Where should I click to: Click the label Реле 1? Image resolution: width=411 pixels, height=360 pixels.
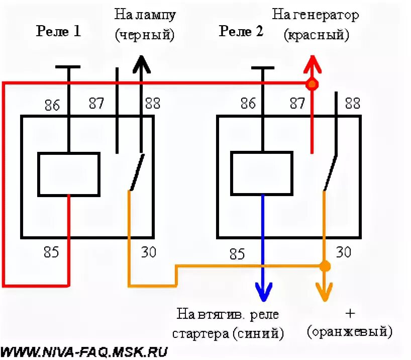tap(58, 32)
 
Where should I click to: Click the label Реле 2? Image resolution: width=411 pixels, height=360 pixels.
tap(241, 32)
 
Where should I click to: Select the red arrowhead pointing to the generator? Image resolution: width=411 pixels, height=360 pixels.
tap(312, 63)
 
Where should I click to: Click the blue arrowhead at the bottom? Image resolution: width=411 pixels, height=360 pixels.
tap(263, 291)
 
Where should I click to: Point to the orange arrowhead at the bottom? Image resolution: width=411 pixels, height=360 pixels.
tap(325, 291)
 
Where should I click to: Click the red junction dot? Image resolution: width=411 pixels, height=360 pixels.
tap(313, 83)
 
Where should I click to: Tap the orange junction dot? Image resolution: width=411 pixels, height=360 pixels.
tap(325, 265)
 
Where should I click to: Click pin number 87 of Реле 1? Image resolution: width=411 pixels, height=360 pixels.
tap(96, 104)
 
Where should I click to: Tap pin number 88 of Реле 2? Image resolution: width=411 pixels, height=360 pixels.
tap(352, 104)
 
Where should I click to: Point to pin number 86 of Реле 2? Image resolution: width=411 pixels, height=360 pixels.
tap(248, 104)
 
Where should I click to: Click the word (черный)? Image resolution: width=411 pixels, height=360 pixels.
tap(145, 35)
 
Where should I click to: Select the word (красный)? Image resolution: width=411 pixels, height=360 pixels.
tap(316, 35)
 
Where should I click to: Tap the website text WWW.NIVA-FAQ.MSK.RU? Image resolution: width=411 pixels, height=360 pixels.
tap(85, 351)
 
